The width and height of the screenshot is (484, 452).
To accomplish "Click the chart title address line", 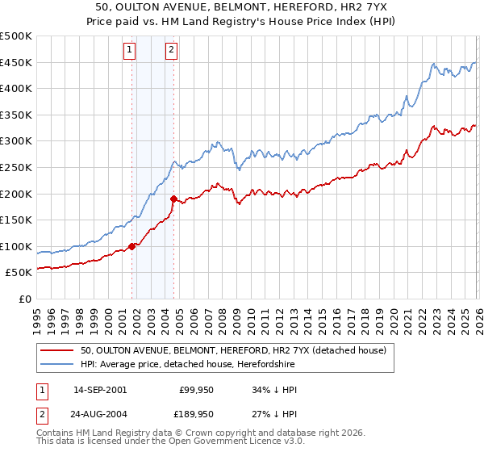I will pyautogui.click(x=242, y=8).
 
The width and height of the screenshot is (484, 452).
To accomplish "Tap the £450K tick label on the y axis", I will pyautogui.click(x=17, y=63).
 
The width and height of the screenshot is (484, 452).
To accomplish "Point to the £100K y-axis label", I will pyautogui.click(x=17, y=247).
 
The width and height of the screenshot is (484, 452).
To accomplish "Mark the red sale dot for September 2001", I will pyautogui.click(x=132, y=246).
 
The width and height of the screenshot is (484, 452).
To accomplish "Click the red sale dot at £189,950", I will pyautogui.click(x=173, y=199).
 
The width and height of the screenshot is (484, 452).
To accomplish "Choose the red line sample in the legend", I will pyautogui.click(x=58, y=350).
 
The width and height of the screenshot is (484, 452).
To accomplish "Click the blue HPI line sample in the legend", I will pyautogui.click(x=58, y=364).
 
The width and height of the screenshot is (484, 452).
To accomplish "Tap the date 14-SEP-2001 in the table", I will pyautogui.click(x=100, y=390).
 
